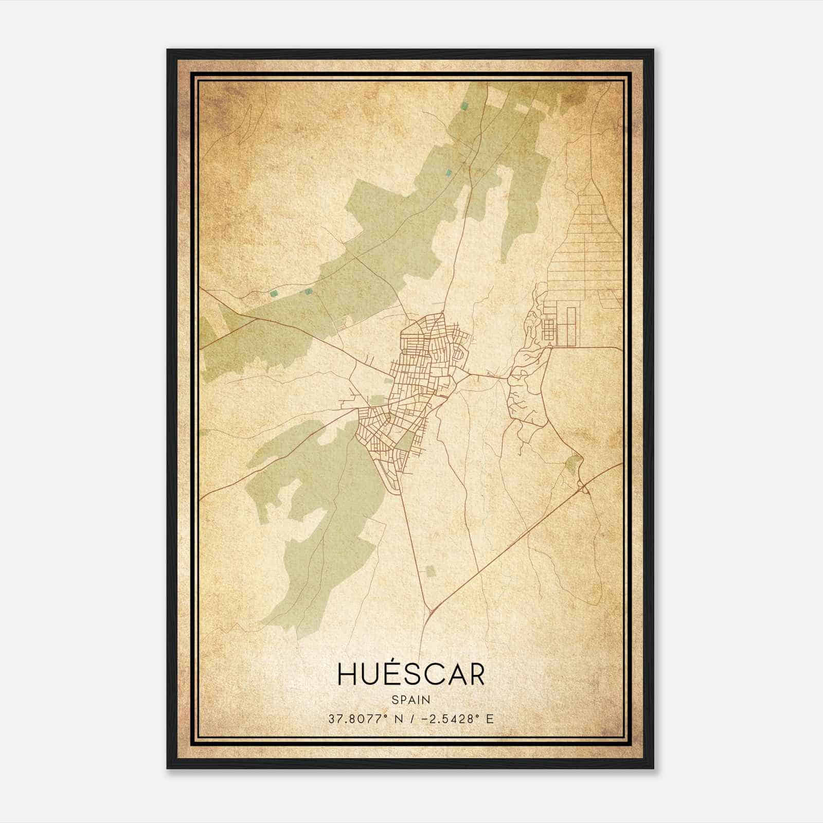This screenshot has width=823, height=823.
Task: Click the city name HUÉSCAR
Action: [410, 674]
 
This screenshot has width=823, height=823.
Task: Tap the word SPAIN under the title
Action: [411, 700]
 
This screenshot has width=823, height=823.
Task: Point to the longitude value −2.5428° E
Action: [457, 719]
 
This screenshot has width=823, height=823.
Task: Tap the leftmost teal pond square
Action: [274, 294]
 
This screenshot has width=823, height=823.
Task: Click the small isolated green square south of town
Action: [430, 571]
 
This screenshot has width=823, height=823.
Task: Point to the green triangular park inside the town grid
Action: [407, 440]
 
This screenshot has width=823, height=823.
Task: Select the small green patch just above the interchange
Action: [572, 464]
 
